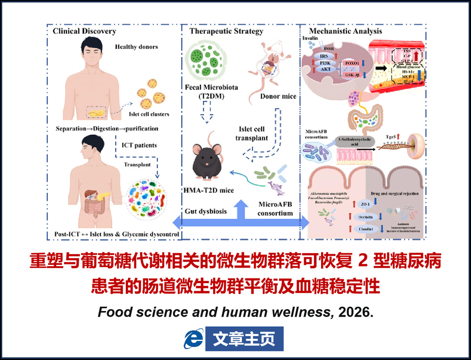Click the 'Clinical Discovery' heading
(x=84, y=31)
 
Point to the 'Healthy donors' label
(x=136, y=47)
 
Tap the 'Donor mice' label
(x=278, y=97)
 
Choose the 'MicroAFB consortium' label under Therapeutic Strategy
(x=275, y=209)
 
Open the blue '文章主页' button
(x=244, y=339)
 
